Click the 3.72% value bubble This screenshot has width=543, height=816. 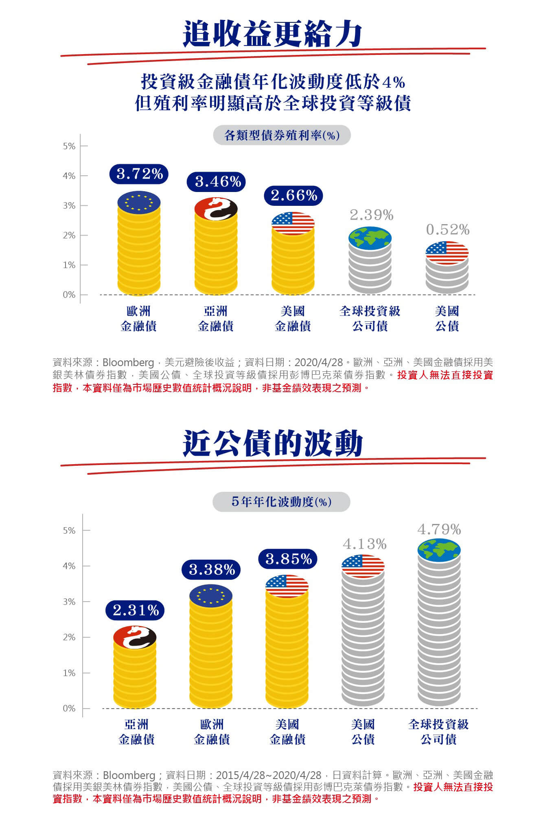pyautogui.click(x=139, y=174)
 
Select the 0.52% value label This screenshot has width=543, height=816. pyautogui.click(x=447, y=230)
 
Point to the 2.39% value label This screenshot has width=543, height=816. pyautogui.click(x=371, y=215)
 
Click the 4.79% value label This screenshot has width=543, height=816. pyautogui.click(x=439, y=529)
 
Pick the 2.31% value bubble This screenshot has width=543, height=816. pyautogui.click(x=135, y=610)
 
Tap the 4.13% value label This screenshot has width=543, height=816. pyautogui.click(x=364, y=544)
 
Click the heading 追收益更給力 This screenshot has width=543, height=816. pyautogui.click(x=272, y=34)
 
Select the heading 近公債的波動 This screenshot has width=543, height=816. pyautogui.click(x=272, y=443)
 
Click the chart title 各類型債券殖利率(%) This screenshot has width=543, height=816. pyautogui.click(x=282, y=135)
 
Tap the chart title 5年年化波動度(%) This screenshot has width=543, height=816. pyautogui.click(x=281, y=502)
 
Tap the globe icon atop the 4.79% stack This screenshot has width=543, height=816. pyautogui.click(x=439, y=550)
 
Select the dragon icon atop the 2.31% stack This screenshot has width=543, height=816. pyautogui.click(x=135, y=637)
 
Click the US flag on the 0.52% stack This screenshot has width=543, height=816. pyautogui.click(x=447, y=253)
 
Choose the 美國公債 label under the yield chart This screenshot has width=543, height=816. pyautogui.click(x=447, y=319)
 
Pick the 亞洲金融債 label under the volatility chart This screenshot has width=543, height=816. pyautogui.click(x=136, y=732)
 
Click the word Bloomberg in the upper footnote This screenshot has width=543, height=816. pyautogui.click(x=128, y=362)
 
